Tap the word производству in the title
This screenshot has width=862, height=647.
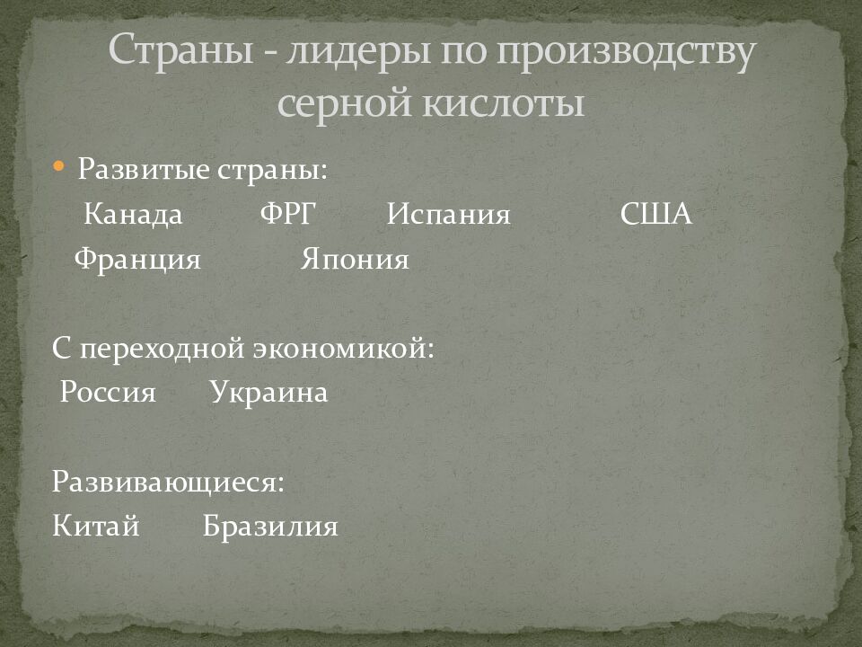626,57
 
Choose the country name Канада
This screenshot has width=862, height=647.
133,215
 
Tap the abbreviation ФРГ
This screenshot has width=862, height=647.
289,215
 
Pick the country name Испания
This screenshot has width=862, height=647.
449,215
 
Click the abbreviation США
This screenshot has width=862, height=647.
656,215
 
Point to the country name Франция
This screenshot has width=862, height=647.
137,260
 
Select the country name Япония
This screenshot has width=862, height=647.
355,260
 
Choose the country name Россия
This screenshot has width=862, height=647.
108,394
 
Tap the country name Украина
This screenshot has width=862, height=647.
269,394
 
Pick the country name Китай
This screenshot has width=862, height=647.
96,526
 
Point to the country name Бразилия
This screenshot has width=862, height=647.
270,526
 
